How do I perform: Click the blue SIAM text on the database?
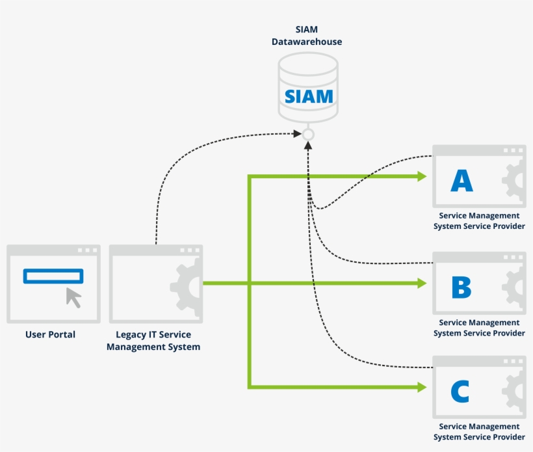(x=308, y=97)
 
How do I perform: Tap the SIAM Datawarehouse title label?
(x=307, y=36)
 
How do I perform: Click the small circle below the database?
(x=308, y=135)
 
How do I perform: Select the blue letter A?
(x=462, y=181)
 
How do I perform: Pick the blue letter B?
(x=461, y=287)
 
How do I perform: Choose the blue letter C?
(x=460, y=391)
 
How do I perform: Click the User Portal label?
(x=50, y=334)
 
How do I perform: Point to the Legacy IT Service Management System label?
(x=153, y=341)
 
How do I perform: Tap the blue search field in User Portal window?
(x=53, y=276)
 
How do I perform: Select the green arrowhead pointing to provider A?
(x=421, y=176)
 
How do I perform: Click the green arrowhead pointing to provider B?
(x=421, y=283)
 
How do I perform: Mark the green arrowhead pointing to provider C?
(x=421, y=387)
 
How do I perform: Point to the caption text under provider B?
(x=479, y=328)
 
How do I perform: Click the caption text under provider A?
(x=479, y=220)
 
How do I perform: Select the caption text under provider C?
(x=479, y=432)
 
